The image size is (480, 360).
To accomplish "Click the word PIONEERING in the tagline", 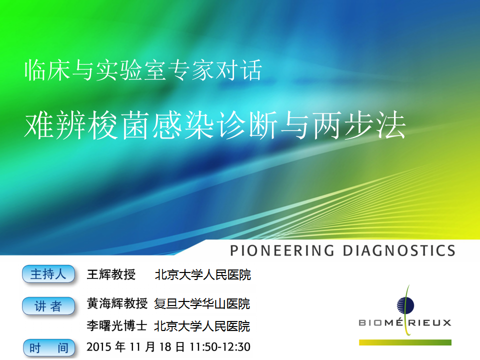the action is (282, 250).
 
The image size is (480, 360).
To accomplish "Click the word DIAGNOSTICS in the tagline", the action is (399, 250).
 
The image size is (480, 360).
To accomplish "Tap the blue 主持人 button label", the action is (48, 274).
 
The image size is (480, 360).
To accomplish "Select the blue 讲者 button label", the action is (48, 306).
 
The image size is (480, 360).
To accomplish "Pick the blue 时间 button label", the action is (49, 348).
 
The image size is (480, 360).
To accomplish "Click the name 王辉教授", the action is (111, 274).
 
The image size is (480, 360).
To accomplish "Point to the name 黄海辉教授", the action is (117, 303).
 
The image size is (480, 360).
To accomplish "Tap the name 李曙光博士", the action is (117, 325).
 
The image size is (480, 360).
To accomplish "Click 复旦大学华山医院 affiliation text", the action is (202, 303).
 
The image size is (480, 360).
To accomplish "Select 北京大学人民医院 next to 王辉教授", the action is (203, 274).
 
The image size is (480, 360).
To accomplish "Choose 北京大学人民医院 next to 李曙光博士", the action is (202, 326).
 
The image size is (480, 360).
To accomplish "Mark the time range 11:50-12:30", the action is (220, 347).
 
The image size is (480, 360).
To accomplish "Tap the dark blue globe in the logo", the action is (405, 305).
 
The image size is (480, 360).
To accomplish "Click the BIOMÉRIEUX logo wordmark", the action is (405, 322).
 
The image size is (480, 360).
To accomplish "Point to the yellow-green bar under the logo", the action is (405, 342).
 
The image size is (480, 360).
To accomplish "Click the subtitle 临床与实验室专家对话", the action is (143, 70).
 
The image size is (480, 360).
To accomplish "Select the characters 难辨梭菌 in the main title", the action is (87, 125).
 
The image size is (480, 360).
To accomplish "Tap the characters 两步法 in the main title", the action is (359, 125).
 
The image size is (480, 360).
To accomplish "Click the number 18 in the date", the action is (165, 347).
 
